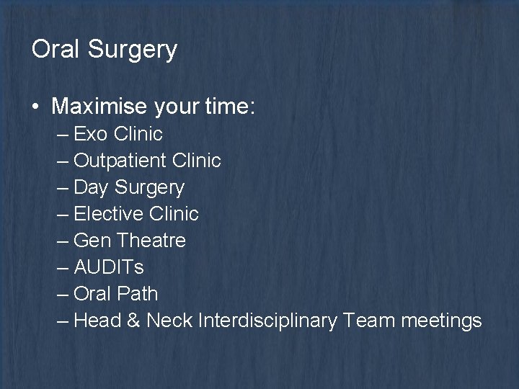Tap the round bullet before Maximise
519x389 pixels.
pos(36,107)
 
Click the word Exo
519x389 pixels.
pos(91,134)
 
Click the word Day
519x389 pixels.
pos(91,188)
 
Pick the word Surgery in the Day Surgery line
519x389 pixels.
pos(148,188)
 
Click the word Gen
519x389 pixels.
pos(92,241)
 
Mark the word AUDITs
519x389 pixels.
pos(109,267)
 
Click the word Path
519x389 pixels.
pos(138,294)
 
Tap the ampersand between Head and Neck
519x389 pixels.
pos(133,321)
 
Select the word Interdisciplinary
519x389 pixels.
pos(266,321)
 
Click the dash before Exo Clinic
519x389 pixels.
pos(63,135)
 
